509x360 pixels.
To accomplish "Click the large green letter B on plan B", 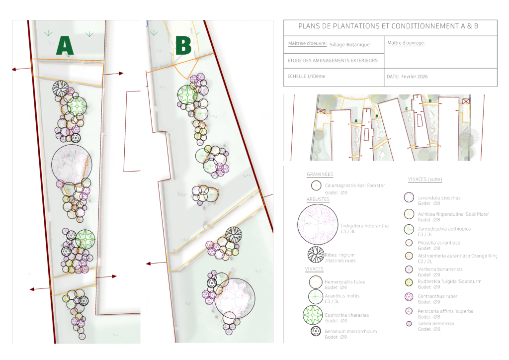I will click(183, 46).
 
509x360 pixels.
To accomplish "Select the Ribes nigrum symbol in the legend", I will click(315, 255).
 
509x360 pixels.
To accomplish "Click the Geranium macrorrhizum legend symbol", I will click(315, 332).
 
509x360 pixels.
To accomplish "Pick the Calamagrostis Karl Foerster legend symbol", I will click(315, 186).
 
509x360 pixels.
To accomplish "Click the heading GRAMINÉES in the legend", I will click(320, 175).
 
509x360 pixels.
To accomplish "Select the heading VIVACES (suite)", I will click(425, 179).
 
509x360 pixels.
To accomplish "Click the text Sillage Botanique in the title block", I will click(349, 45).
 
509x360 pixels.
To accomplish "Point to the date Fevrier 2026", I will click(414, 77).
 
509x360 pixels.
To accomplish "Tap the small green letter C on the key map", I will click(407, 109).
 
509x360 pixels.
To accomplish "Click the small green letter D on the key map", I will click(430, 101).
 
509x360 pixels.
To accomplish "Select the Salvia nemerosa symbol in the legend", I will click(409, 324).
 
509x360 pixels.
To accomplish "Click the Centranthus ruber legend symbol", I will click(409, 297).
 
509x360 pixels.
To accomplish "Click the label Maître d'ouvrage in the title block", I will click(406, 43).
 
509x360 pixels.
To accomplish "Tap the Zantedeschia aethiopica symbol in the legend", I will click(409, 229).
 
